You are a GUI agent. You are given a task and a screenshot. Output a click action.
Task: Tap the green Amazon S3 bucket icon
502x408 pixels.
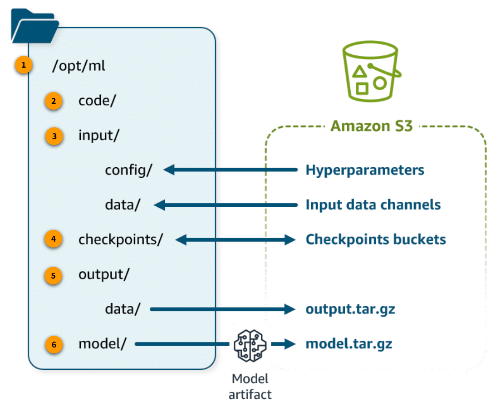(372, 71)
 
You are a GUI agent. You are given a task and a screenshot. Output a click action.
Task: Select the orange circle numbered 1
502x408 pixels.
(24, 66)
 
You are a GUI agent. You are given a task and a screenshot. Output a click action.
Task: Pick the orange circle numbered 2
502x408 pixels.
(53, 101)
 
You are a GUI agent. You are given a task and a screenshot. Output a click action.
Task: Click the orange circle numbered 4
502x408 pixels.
(53, 240)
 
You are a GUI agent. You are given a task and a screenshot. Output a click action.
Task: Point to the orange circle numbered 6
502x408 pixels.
(53, 345)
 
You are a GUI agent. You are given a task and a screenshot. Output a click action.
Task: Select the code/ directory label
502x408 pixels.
(97, 101)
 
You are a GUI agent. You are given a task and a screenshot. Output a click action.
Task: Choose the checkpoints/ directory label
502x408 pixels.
(120, 240)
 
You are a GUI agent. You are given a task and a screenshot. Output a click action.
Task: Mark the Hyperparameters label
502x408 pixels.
(365, 170)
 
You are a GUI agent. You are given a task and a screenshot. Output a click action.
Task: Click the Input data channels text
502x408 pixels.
(373, 205)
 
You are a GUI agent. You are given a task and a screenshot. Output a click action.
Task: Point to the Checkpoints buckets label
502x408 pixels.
(375, 240)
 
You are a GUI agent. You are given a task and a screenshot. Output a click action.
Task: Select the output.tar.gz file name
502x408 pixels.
(351, 310)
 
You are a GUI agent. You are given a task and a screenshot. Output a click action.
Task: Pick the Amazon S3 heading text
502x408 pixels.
(372, 126)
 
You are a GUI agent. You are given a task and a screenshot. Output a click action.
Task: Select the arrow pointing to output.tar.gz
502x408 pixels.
(223, 310)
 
